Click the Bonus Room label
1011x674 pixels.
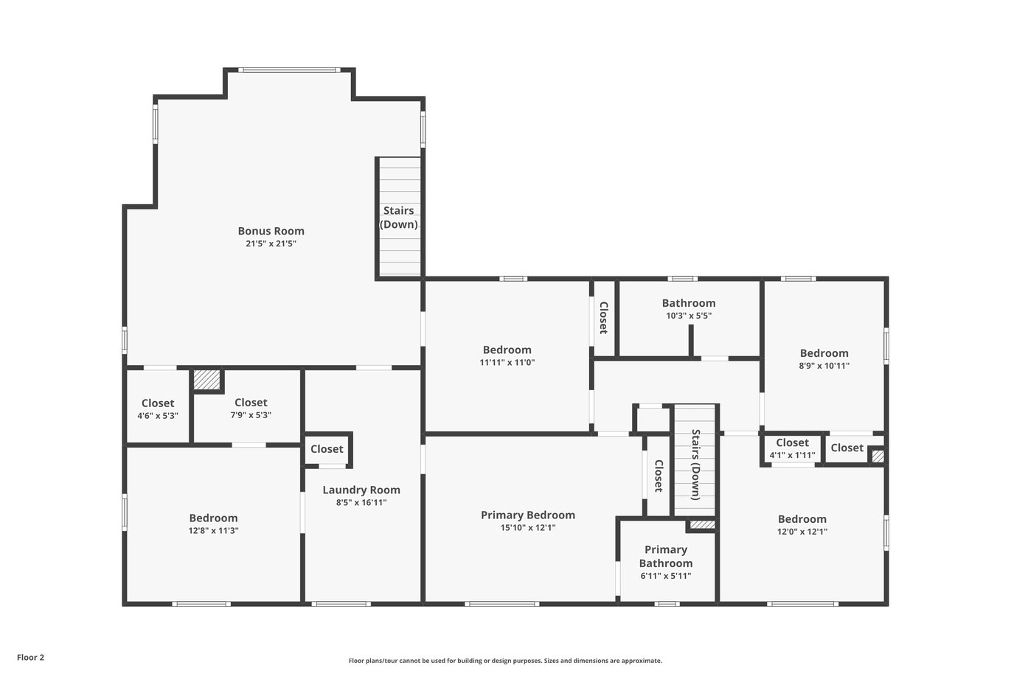coord(271,231)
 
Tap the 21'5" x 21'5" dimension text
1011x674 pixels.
coord(271,244)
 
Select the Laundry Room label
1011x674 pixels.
coord(361,490)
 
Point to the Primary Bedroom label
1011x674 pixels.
coord(527,515)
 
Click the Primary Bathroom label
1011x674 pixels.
coord(666,556)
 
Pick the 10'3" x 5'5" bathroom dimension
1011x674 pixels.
coord(689,316)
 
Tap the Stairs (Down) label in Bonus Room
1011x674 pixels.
coord(398,217)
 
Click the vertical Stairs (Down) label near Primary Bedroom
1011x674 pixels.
coord(695,465)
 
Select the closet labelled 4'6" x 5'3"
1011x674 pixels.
coord(158,409)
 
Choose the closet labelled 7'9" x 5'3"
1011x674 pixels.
coord(251,408)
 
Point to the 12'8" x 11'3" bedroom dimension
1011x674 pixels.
coord(213,530)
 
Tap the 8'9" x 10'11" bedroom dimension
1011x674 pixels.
coord(824,366)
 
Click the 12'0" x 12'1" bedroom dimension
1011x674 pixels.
coord(802,532)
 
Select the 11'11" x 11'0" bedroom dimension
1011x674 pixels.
coord(507,362)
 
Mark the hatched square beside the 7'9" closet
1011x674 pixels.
coord(206,380)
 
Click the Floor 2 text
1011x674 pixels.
coord(31,657)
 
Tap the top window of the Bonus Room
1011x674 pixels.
coord(289,70)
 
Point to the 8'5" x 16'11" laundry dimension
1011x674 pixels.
coord(361,502)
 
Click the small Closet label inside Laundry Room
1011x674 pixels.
coord(327,449)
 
